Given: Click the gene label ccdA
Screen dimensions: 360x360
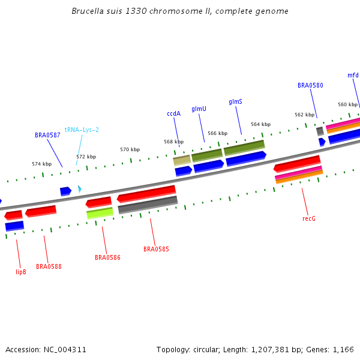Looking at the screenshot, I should tap(173, 113).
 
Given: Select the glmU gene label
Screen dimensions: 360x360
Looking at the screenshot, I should tap(199, 109).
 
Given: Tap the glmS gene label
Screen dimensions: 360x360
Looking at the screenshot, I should tap(235, 102).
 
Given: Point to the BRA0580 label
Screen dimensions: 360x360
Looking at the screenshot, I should tap(310, 85).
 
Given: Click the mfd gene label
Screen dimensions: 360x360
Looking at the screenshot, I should tap(353, 75).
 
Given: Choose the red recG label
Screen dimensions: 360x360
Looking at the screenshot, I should tap(309, 218).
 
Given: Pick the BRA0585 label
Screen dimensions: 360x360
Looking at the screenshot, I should tap(156, 249).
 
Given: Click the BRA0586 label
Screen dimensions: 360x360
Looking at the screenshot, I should tap(107, 257).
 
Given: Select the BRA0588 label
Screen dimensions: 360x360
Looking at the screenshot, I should tap(49, 266).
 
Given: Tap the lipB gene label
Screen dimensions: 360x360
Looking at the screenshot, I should tap(21, 272).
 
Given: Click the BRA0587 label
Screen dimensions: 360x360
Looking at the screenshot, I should tap(47, 135).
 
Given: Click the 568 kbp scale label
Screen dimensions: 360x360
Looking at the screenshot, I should tap(173, 142).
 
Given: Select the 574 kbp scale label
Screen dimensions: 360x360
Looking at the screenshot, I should tap(41, 163).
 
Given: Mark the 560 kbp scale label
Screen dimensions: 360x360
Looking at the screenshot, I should tap(347, 104).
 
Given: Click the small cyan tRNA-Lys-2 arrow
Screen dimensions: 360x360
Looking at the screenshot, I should tap(79, 190).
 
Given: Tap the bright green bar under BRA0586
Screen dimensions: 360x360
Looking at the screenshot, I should tap(100, 212).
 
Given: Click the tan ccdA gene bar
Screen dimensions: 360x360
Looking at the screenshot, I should tap(182, 160).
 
